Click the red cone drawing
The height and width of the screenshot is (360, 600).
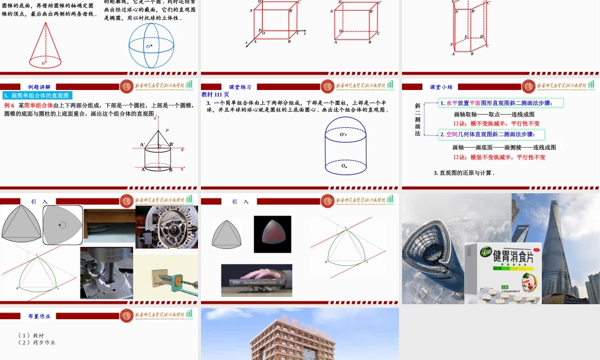click(44, 45)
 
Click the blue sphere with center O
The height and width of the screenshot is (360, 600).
click(151, 46)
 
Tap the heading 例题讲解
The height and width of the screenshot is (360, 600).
click(40, 87)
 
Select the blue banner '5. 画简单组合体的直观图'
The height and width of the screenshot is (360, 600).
click(37, 95)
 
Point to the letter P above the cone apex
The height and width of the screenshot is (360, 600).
click(167, 130)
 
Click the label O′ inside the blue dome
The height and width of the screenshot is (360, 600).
click(344, 135)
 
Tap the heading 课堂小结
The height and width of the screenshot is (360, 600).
click(442, 87)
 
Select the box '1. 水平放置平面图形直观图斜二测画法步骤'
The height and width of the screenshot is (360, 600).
click(500, 103)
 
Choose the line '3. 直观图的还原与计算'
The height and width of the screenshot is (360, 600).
click(464, 173)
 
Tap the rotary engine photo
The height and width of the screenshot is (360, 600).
click(166, 227)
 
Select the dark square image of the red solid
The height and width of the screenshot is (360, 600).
click(272, 233)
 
